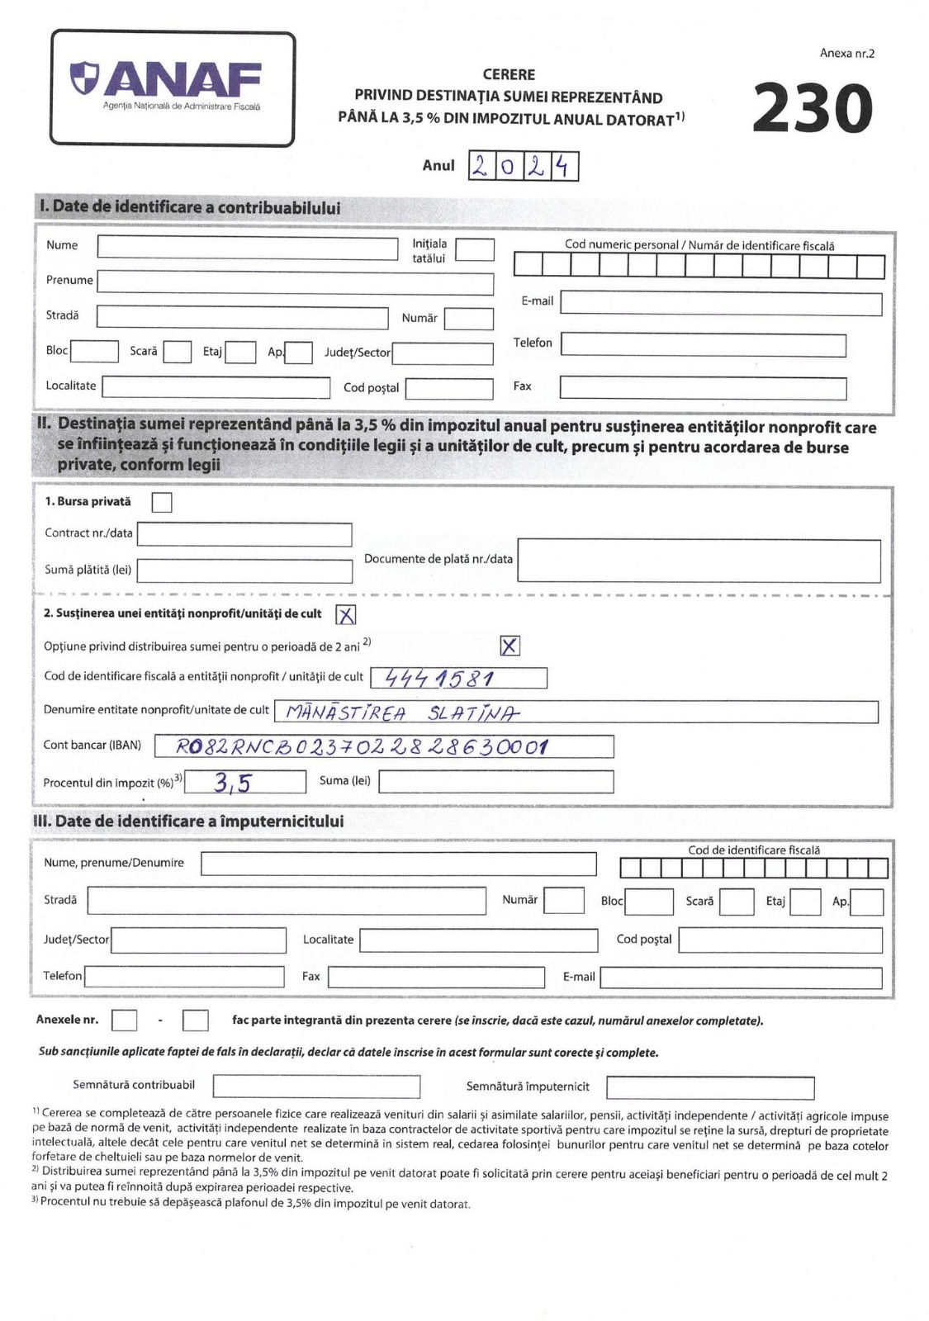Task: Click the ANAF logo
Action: tap(173, 87)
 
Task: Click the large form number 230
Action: tap(813, 109)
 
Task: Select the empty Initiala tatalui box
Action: tap(475, 249)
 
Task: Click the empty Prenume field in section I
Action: tap(295, 282)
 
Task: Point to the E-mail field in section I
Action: tap(721, 304)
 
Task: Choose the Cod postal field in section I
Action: tap(448, 388)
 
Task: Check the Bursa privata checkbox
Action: tap(162, 502)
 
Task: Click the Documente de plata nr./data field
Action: tap(699, 561)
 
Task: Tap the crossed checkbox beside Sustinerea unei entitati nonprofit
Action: tap(346, 614)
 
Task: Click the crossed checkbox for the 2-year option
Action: tap(510, 646)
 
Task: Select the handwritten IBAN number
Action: tap(363, 747)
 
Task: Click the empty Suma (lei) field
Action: tap(495, 782)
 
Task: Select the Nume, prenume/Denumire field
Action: tap(398, 864)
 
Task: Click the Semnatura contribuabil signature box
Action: tap(316, 1087)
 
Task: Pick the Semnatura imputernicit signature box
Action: tap(709, 1087)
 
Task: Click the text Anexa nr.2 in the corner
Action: tap(846, 54)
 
